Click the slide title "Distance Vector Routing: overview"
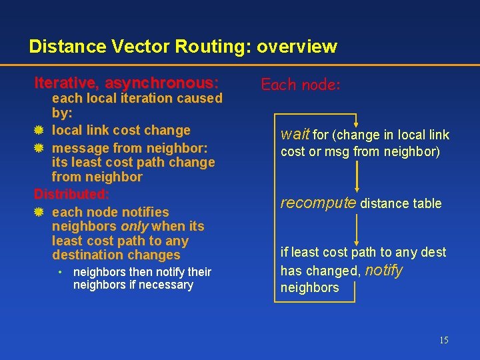point(183,47)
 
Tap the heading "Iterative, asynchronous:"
point(126,83)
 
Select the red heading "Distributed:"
point(71,195)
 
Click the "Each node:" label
point(301,85)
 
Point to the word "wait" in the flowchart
point(295,135)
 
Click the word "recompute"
point(318,203)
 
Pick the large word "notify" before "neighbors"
point(384,270)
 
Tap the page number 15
point(443,341)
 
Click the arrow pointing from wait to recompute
point(358,177)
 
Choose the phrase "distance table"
point(401,203)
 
